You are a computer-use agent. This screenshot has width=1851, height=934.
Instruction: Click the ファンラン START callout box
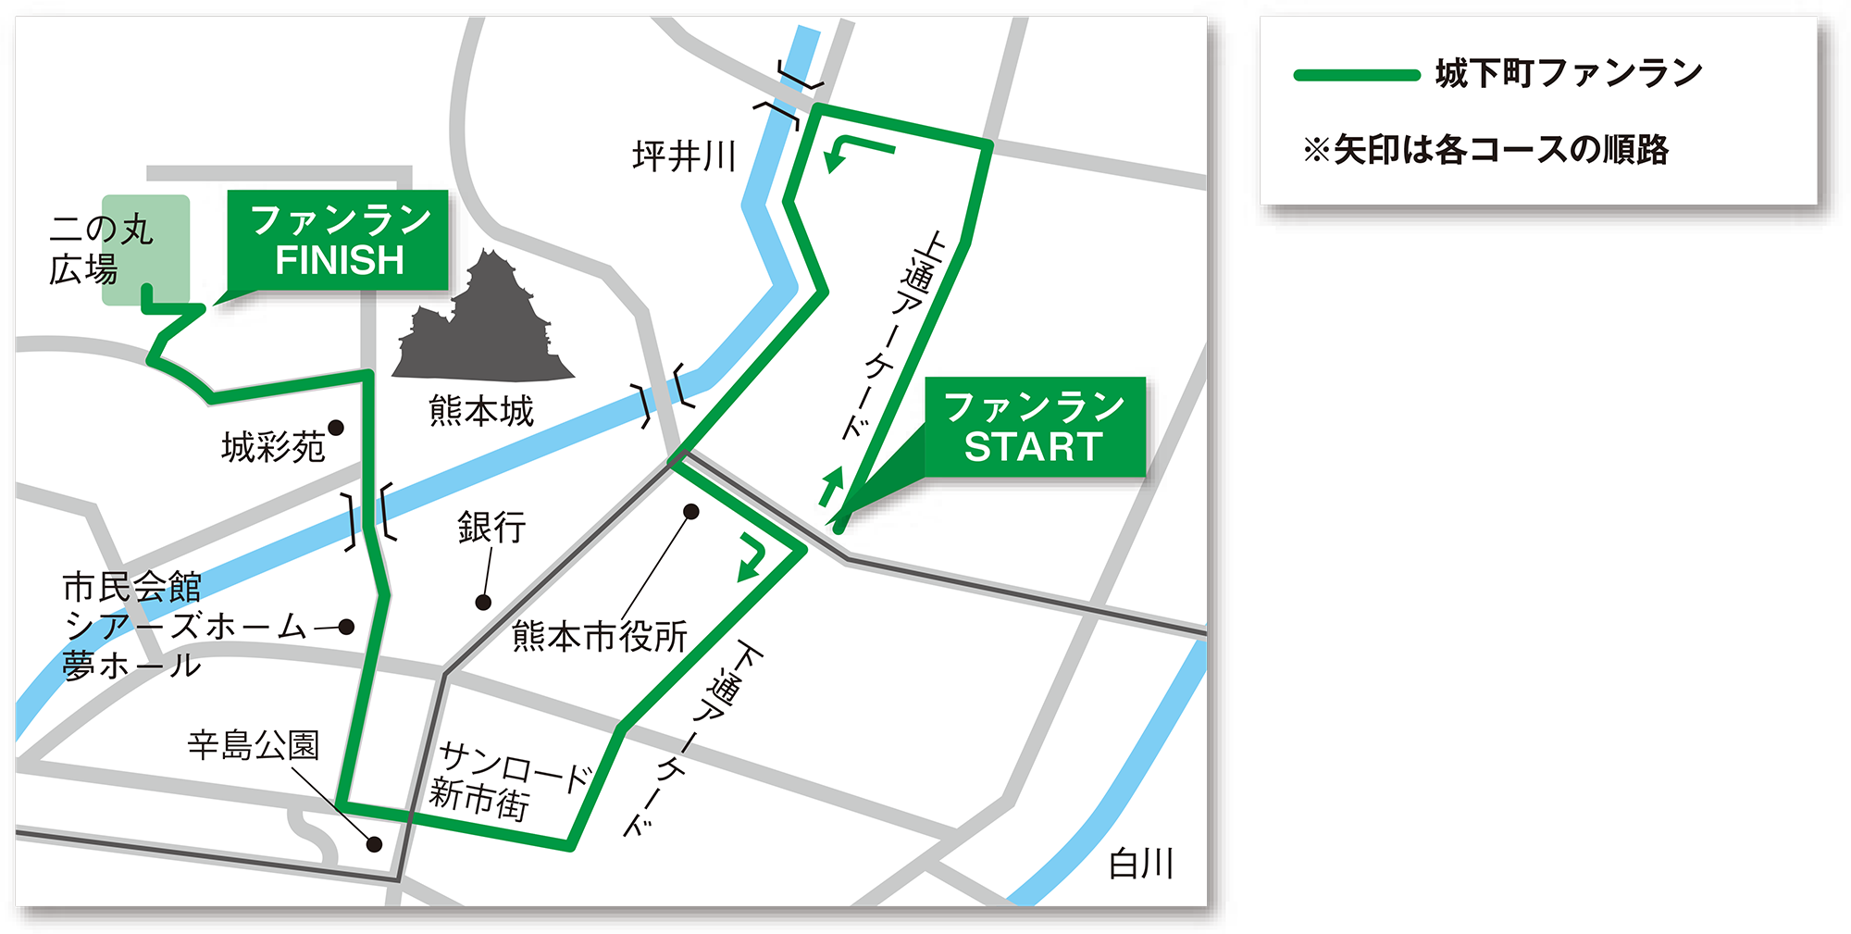[x=1035, y=427]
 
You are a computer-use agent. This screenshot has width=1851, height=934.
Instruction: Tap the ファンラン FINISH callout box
[x=339, y=241]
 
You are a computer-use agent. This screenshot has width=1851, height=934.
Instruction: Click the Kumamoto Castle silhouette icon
[x=483, y=319]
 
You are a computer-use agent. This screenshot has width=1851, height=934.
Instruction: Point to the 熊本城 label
[x=481, y=411]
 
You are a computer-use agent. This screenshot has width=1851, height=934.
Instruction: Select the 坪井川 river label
[x=684, y=156]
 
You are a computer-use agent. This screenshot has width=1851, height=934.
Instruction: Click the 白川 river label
[x=1141, y=864]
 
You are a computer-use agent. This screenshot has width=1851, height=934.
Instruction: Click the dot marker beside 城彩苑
[x=336, y=428]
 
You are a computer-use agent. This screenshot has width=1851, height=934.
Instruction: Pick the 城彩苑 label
[x=273, y=448]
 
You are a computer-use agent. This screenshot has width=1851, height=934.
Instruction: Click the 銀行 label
[x=491, y=528]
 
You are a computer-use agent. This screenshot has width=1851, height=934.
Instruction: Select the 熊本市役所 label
[x=600, y=637]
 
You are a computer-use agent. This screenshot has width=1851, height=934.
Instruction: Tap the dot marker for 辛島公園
[x=375, y=844]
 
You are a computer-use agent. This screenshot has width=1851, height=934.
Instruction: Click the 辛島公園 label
[x=253, y=744]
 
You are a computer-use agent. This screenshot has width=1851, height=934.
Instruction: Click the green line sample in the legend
[x=1357, y=76]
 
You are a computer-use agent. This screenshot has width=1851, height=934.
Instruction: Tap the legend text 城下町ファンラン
[x=1569, y=74]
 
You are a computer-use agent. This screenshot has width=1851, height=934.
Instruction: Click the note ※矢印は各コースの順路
[x=1486, y=150]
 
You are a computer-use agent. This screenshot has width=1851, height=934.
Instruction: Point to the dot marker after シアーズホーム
[x=346, y=627]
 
